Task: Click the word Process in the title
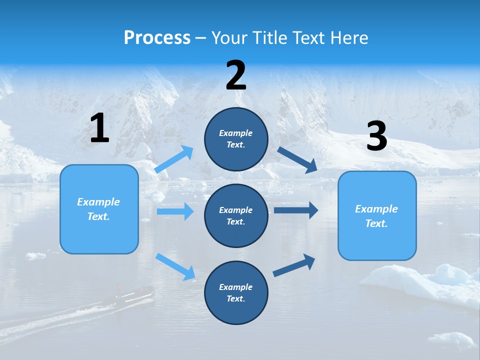click(x=157, y=38)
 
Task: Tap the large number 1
click(x=99, y=128)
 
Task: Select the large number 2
click(x=236, y=76)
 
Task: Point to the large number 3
click(x=376, y=136)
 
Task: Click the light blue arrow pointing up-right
click(x=174, y=159)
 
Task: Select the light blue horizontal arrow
click(x=175, y=211)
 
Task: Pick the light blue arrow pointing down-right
click(x=175, y=266)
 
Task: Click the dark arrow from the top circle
click(x=297, y=160)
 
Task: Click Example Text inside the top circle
click(x=236, y=139)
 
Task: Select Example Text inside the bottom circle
click(x=236, y=293)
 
